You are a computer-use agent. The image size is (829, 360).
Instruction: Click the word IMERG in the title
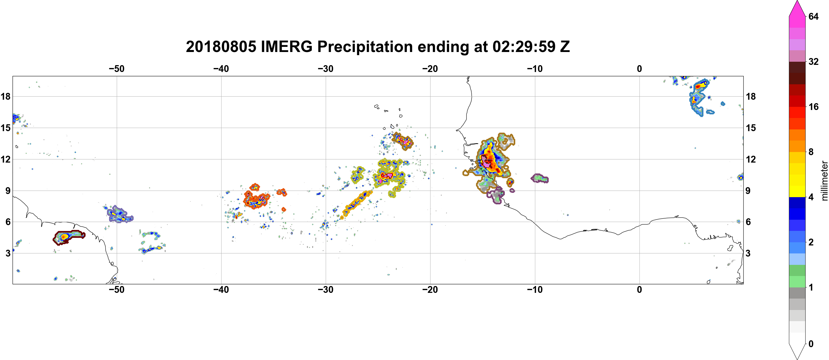click(286, 47)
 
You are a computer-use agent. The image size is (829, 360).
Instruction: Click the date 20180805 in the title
click(221, 47)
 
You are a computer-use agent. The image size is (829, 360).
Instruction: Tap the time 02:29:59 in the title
click(524, 47)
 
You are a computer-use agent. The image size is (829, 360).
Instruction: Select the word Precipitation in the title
click(365, 47)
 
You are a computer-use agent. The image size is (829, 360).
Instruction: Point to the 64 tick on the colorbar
click(813, 16)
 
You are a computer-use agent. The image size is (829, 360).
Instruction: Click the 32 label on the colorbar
click(813, 61)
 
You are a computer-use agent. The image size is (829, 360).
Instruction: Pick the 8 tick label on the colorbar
click(811, 152)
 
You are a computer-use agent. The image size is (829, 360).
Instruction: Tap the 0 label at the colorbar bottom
click(811, 344)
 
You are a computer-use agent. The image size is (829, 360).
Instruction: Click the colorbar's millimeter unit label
click(824, 181)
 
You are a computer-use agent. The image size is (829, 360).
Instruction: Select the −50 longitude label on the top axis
click(116, 69)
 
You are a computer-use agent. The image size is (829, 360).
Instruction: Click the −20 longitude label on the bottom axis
click(430, 290)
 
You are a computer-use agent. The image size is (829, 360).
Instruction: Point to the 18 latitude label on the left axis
click(5, 96)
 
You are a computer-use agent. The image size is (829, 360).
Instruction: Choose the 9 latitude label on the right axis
click(748, 191)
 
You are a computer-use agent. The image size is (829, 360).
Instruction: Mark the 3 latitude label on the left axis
click(8, 253)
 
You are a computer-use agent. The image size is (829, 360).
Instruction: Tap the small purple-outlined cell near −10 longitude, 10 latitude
click(539, 178)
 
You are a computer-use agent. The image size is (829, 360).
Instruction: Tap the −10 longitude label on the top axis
click(535, 69)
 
